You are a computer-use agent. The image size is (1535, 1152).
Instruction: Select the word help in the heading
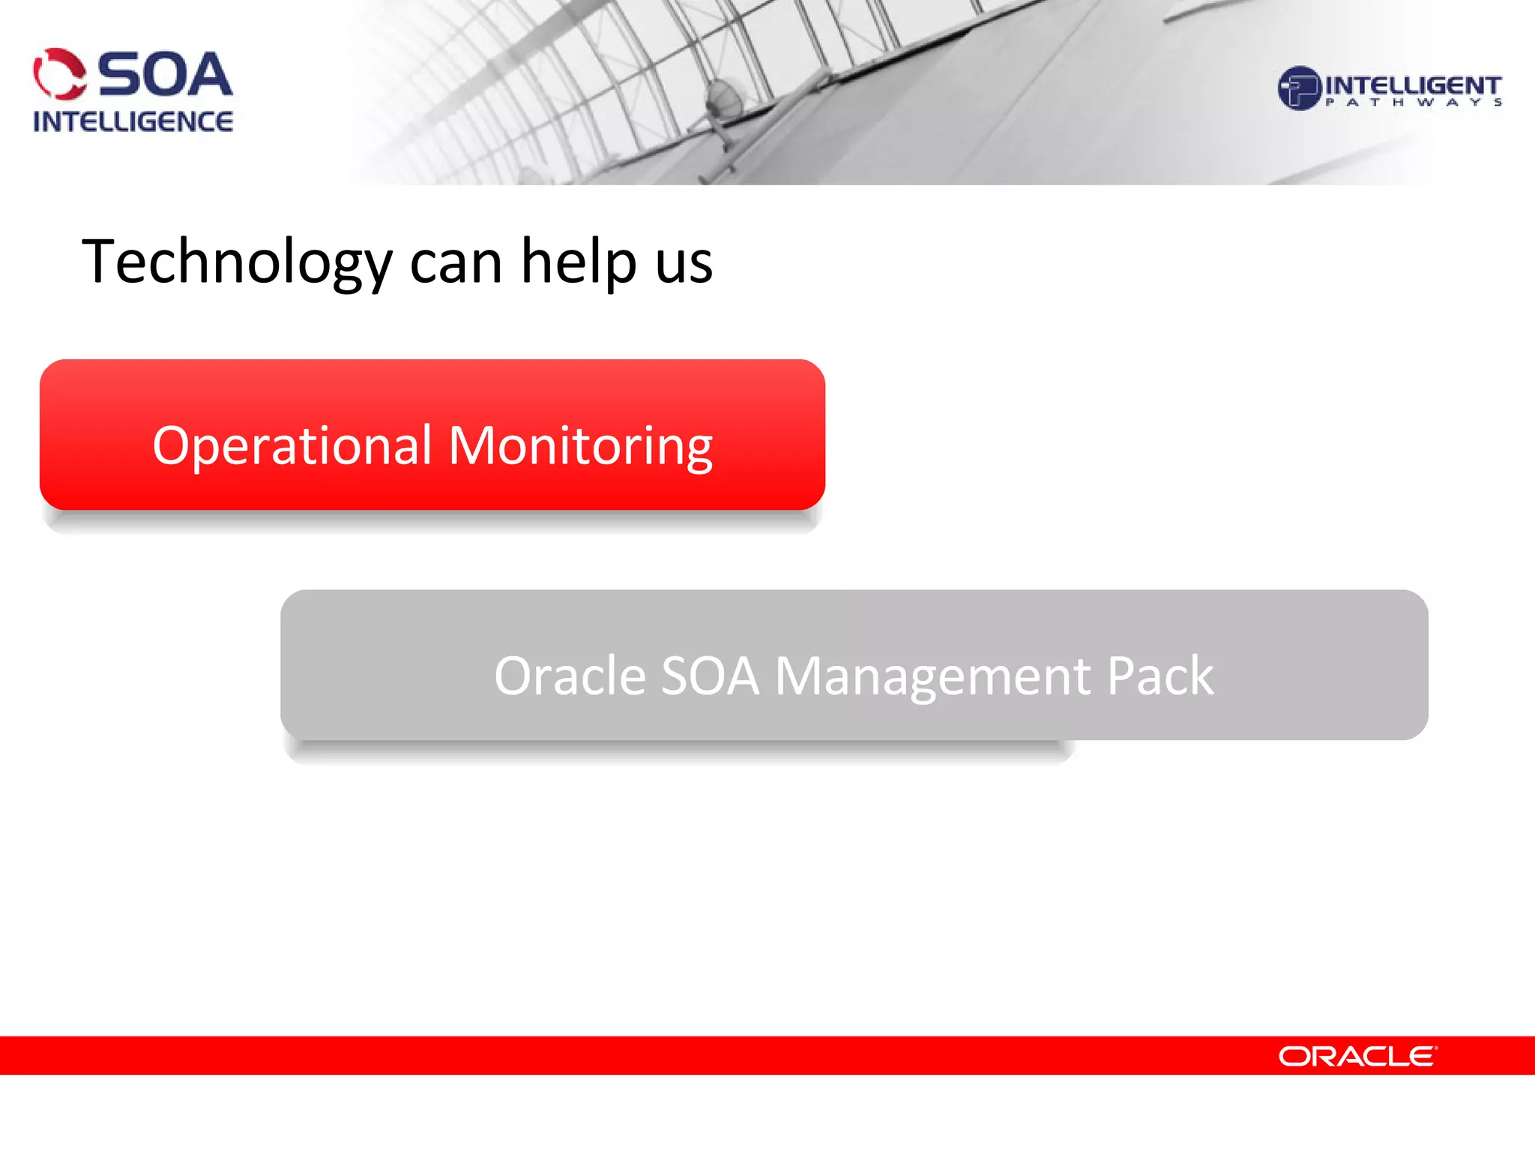pos(579,262)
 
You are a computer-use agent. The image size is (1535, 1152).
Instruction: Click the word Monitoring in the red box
pos(580,447)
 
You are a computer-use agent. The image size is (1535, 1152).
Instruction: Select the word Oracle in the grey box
pos(570,676)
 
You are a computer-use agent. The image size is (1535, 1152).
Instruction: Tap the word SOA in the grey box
pos(710,676)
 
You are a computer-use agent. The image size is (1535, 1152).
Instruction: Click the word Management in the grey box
pos(932,677)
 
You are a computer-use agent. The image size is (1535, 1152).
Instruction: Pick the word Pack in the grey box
pos(1159,676)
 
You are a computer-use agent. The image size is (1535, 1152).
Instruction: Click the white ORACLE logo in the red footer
pos(1357,1056)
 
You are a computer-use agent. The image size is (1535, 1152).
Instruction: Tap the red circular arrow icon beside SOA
pos(60,74)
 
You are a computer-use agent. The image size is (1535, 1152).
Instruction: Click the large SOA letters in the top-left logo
pos(165,75)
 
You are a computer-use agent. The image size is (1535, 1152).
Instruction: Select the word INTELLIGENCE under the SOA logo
pos(133,121)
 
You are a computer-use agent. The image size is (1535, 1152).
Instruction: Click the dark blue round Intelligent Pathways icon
pos(1298,88)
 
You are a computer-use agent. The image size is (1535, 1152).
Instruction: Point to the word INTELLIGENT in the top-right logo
pos(1412,85)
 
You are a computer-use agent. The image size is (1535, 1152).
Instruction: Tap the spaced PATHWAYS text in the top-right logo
pos(1412,103)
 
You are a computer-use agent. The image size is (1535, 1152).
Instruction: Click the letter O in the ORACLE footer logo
pos(1294,1056)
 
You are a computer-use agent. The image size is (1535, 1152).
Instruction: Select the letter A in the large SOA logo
pos(207,75)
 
